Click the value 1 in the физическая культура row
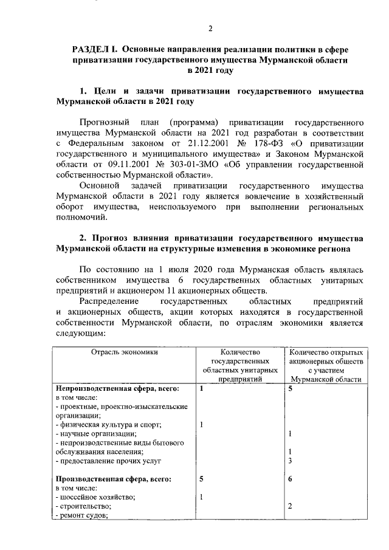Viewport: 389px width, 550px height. pos(201,424)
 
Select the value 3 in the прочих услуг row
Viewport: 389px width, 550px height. pos(291,461)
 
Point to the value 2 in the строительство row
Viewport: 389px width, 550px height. pos(291,506)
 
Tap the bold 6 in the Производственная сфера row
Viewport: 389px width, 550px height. pos(291,479)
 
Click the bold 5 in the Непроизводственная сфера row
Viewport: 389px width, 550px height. pos(291,388)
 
